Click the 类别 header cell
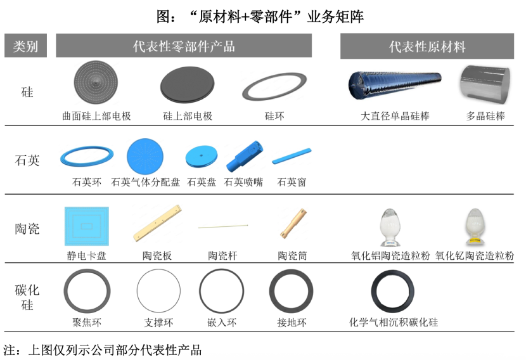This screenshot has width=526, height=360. [x=26, y=46]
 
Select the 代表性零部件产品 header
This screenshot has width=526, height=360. [x=184, y=46]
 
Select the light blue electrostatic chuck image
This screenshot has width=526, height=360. [x=87, y=226]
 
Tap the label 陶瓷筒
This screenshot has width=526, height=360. [x=292, y=256]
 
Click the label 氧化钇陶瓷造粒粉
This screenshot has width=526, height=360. [x=475, y=256]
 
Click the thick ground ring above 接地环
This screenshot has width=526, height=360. [x=291, y=291]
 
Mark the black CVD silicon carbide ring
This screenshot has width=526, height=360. [x=393, y=292]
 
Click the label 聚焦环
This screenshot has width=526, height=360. [x=87, y=323]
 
